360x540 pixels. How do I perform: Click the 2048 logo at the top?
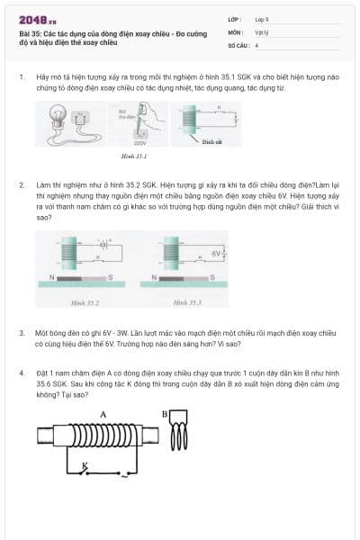point(38,20)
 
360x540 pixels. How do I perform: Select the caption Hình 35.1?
point(133,157)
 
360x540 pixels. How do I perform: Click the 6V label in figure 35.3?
point(216,254)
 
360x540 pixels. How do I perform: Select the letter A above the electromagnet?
point(103,414)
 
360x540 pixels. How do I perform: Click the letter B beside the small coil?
point(165,414)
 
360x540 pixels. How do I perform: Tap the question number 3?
point(22,332)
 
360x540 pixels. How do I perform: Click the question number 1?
point(22,77)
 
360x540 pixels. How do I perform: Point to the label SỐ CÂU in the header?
point(237,44)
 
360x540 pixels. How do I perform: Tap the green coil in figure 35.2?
point(69,249)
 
